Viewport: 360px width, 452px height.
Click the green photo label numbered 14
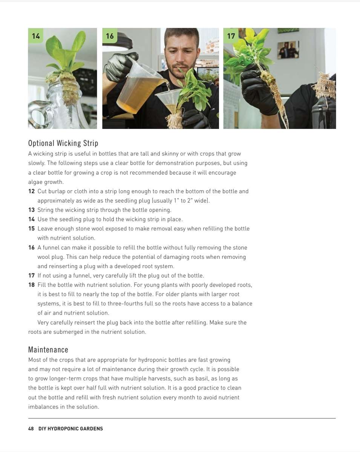(36, 36)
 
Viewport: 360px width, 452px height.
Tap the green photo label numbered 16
(110, 36)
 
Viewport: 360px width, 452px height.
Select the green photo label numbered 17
(231, 36)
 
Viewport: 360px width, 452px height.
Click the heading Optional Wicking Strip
(63, 143)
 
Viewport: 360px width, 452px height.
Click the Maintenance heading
(48, 350)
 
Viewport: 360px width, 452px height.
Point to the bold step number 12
(31, 191)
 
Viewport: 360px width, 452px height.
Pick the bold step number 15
(31, 229)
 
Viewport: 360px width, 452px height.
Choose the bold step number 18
(31, 285)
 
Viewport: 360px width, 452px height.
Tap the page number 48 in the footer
(31, 429)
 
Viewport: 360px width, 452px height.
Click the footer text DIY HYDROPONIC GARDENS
(70, 429)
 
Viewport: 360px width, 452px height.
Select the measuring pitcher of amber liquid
(139, 90)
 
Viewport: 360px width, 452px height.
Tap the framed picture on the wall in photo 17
(288, 50)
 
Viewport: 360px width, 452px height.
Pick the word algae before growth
(35, 182)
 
